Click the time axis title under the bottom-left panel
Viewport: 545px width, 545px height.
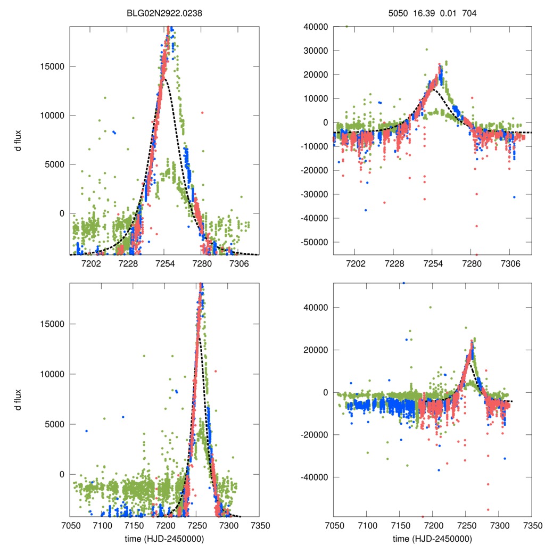tap(164, 539)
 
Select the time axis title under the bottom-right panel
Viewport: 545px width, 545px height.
tap(432, 539)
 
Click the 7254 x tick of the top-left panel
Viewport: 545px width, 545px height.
tap(165, 263)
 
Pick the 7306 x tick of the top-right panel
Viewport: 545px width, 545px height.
tap(509, 263)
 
